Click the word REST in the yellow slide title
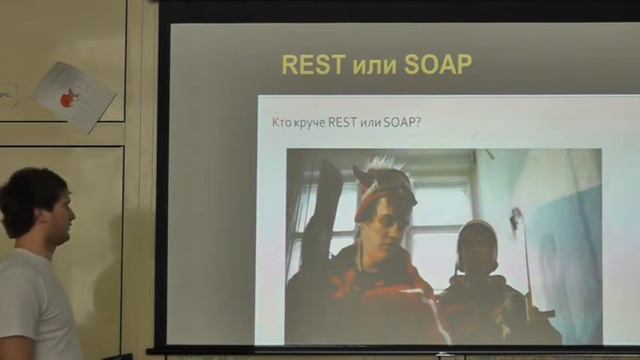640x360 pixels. pos(312,65)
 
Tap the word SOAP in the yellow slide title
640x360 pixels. pos(438,65)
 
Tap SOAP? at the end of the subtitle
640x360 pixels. pos(401,122)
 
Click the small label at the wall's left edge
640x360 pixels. pos(7,96)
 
